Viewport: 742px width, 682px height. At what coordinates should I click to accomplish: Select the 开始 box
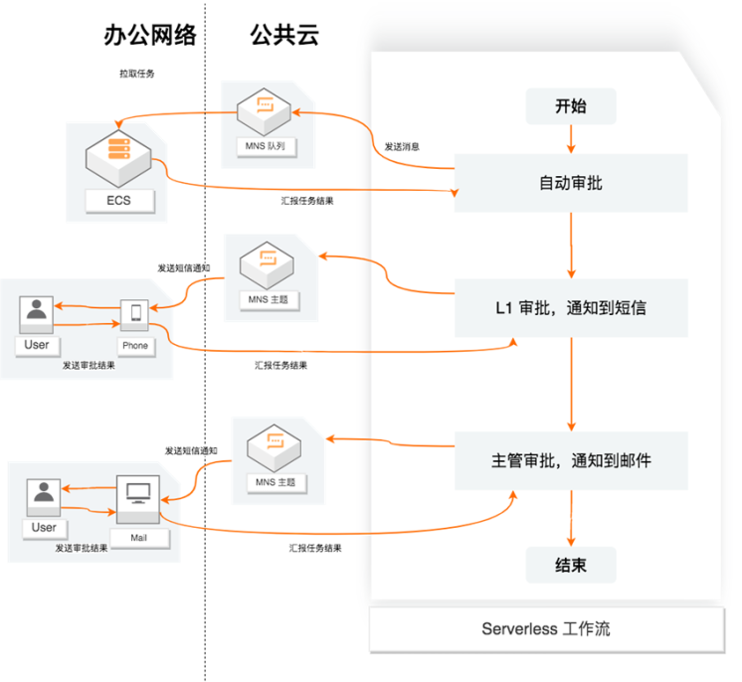[x=571, y=106]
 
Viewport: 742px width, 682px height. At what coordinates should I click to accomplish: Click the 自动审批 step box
[x=571, y=183]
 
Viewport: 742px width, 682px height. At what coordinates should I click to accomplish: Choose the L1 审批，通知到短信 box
[x=571, y=307]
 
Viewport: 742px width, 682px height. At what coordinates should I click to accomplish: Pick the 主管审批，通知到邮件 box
[x=571, y=460]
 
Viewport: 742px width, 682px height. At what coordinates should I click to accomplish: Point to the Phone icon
[x=135, y=315]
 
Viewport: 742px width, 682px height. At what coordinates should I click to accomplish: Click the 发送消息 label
[x=402, y=146]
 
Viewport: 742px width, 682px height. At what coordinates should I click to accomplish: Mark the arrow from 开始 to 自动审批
[x=571, y=138]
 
